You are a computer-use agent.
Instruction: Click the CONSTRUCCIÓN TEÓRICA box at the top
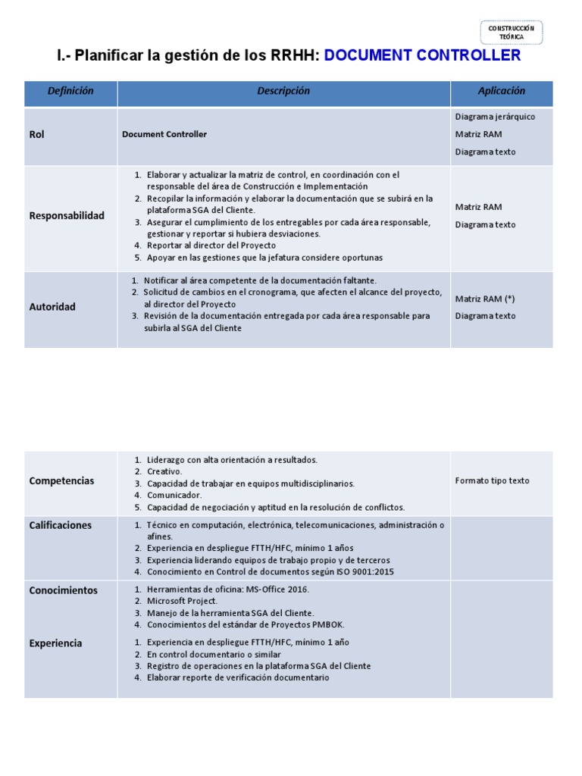click(511, 32)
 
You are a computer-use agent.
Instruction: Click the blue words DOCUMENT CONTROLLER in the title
click(423, 55)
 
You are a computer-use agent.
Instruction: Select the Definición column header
click(70, 91)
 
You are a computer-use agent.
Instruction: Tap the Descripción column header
click(283, 91)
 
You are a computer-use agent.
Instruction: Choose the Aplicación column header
click(501, 91)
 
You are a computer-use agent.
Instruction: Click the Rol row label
click(37, 134)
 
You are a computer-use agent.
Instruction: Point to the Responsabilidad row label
click(67, 215)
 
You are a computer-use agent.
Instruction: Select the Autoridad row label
click(52, 307)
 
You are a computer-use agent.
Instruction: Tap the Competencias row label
click(61, 480)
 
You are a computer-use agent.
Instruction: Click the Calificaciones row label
click(60, 525)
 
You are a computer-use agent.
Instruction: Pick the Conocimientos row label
click(63, 590)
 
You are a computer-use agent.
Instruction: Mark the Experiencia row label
click(55, 643)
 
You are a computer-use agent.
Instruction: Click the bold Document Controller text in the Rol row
click(164, 134)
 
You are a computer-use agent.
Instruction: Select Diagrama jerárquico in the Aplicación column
click(495, 117)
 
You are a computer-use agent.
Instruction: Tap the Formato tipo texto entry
click(492, 480)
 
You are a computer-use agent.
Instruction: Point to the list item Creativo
click(164, 471)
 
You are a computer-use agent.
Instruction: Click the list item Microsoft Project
click(182, 601)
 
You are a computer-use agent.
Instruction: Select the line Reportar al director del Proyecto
click(211, 245)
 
